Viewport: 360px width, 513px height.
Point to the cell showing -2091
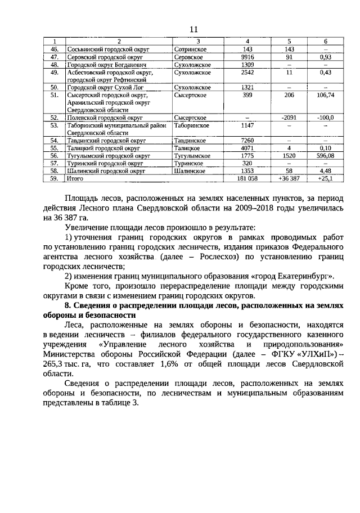pos(288,118)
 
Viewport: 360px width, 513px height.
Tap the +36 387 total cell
pos(288,178)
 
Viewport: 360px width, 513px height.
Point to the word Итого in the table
pos(75,178)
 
